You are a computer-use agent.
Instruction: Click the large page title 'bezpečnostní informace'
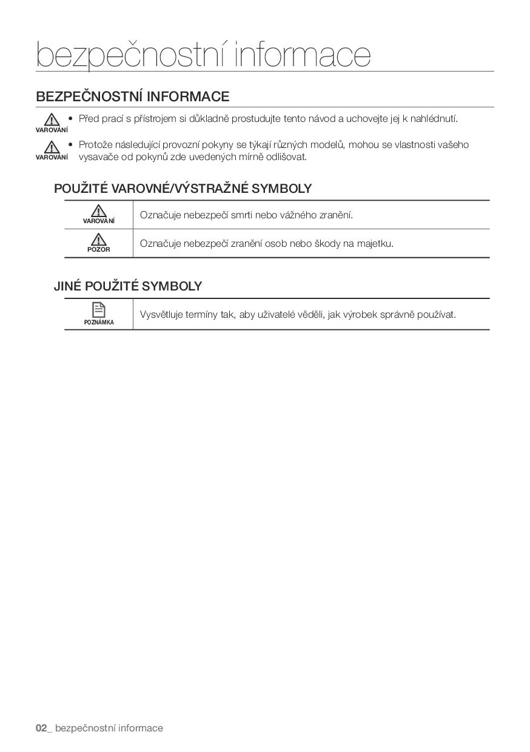point(203,55)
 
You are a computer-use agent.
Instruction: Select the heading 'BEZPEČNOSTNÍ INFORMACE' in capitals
point(132,96)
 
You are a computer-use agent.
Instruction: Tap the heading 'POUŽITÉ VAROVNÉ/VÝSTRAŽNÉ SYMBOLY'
point(183,188)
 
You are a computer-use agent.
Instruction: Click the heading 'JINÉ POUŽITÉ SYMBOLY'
point(127,286)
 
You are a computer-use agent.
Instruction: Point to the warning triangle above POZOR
point(98,239)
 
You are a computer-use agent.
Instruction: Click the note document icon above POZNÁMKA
point(98,309)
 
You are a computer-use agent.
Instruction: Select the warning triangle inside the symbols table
point(98,210)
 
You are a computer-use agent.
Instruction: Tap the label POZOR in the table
point(98,249)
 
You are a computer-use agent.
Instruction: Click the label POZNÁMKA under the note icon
point(99,322)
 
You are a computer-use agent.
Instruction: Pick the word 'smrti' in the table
point(242,215)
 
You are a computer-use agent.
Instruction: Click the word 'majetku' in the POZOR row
point(376,243)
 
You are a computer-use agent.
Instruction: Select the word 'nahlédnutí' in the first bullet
point(434,118)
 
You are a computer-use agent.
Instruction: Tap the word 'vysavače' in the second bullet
point(98,156)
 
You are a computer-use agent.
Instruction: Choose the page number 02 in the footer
point(41,728)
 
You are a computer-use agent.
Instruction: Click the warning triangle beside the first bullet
point(52,119)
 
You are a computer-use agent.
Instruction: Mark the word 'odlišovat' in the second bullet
point(286,156)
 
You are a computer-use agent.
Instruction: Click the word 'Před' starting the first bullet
point(89,118)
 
